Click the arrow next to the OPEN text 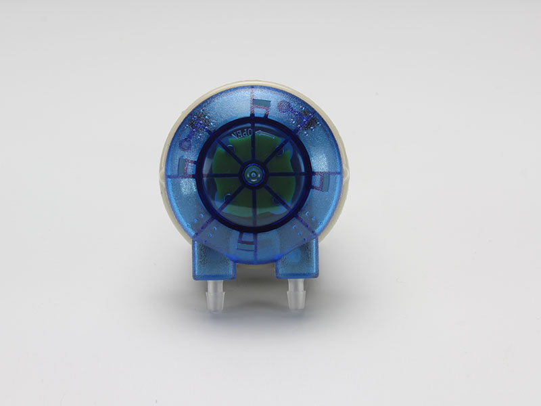[266, 135]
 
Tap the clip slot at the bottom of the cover [245, 244]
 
